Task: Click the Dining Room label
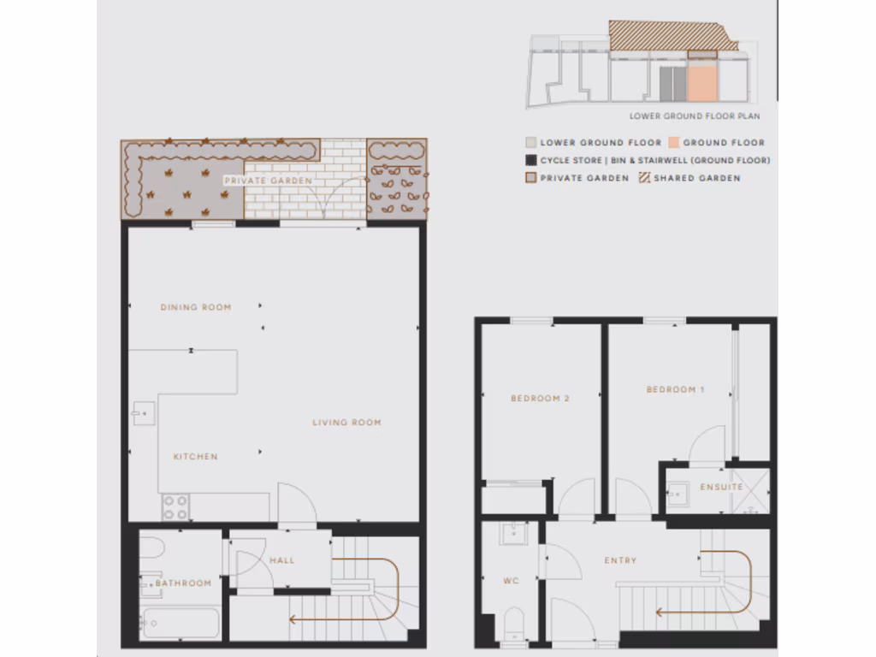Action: [196, 307]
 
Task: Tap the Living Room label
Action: [346, 423]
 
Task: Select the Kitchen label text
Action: [196, 457]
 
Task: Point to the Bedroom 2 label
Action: [540, 399]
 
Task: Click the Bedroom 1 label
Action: [675, 390]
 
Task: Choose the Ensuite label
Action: [722, 488]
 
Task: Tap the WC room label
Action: [511, 582]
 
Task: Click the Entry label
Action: [620, 561]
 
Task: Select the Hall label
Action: [281, 561]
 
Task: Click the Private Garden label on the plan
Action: [268, 181]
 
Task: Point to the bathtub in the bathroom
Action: [180, 622]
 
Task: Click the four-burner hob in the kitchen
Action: [175, 508]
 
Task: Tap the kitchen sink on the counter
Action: [142, 414]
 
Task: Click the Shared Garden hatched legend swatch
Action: [645, 178]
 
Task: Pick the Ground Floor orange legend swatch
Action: [674, 143]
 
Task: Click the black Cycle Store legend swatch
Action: [530, 160]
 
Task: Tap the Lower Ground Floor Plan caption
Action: [695, 116]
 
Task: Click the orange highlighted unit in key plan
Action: [701, 83]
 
